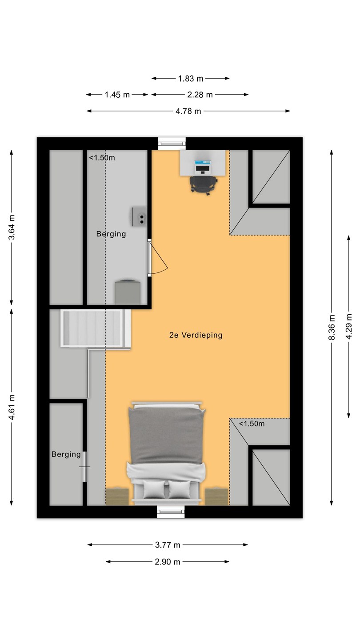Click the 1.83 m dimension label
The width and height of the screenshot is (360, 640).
point(191,79)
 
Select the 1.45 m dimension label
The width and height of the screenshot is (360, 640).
point(117,95)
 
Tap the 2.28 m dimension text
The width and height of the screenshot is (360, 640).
point(200,95)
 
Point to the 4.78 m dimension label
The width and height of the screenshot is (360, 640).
point(188,111)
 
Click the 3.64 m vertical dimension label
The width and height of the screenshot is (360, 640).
point(12,227)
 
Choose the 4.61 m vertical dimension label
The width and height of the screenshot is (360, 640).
point(12,408)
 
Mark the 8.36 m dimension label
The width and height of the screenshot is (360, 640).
point(332,328)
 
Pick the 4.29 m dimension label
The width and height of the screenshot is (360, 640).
point(348,326)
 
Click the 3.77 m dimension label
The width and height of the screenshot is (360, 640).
point(168,545)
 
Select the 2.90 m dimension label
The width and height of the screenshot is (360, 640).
point(168,562)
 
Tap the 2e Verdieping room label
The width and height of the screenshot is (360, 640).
point(196,335)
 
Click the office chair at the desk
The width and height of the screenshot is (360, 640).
point(204,185)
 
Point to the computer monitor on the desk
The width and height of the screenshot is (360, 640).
point(203,167)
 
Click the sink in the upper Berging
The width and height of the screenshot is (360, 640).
point(140,217)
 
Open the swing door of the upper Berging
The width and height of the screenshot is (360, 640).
point(158,258)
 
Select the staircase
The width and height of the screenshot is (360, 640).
point(96,328)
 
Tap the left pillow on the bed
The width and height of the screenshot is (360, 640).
point(154,489)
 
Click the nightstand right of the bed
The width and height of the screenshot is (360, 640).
point(216,496)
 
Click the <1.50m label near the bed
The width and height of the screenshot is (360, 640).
point(252,424)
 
